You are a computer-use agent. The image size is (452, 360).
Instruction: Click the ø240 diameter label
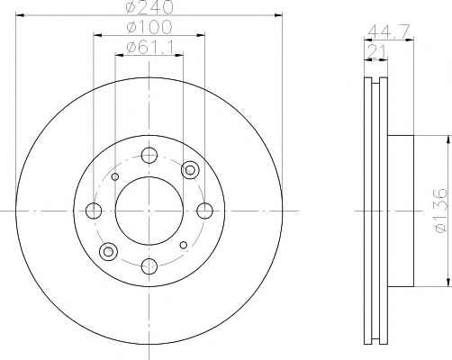(x=149, y=6)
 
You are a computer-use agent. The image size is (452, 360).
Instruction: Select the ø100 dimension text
(x=149, y=27)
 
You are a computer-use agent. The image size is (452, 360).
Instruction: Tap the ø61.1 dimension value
(x=150, y=48)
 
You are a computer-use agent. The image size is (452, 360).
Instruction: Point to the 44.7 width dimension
(x=389, y=31)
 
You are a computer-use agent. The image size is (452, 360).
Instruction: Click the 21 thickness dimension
(x=376, y=51)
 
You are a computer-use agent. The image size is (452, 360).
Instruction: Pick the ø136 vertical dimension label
(x=440, y=211)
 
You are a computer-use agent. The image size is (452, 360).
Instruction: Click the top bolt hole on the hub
(x=149, y=156)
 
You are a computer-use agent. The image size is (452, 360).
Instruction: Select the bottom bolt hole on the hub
(x=149, y=266)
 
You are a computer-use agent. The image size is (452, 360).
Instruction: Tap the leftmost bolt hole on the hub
(x=94, y=211)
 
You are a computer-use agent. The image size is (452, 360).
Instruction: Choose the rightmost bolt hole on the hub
(x=204, y=211)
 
